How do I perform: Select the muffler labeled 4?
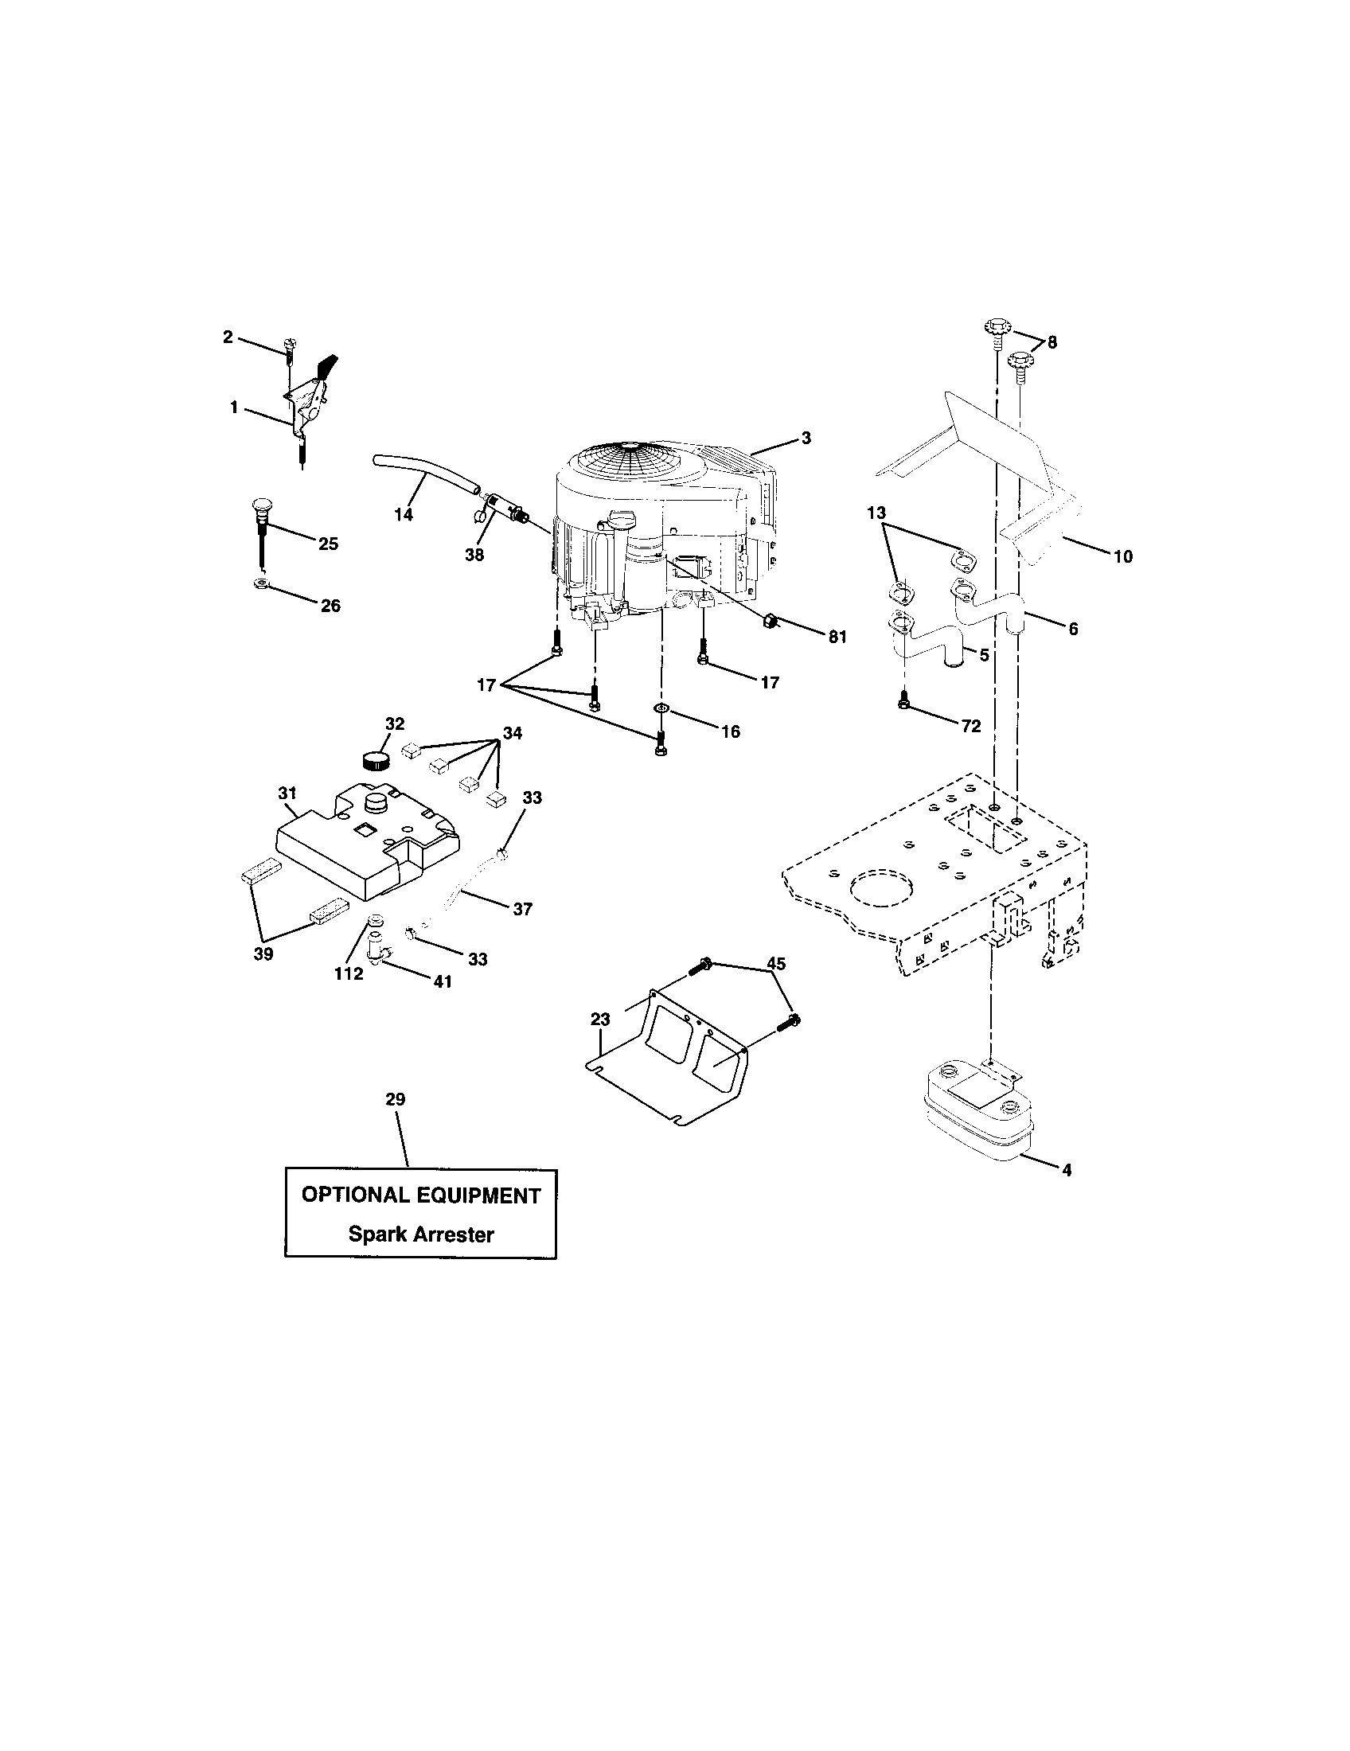(974, 1110)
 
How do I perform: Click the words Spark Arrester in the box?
(421, 1234)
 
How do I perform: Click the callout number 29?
(396, 1099)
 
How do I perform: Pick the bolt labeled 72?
(904, 699)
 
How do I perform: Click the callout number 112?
(349, 973)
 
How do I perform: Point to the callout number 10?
(1123, 556)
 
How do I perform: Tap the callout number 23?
(599, 1019)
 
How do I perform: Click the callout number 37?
(522, 908)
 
